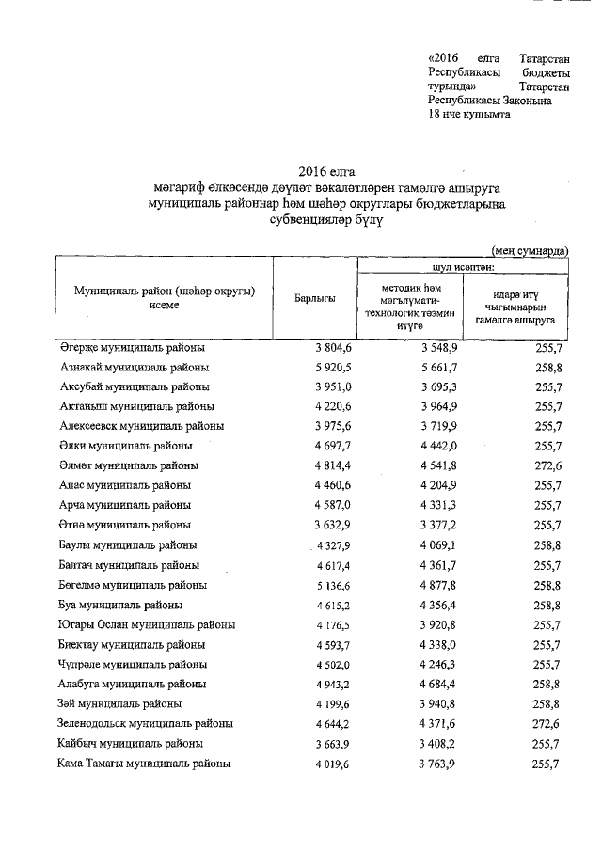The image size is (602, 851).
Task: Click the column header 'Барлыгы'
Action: [314, 298]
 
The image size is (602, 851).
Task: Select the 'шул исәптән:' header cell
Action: [461, 266]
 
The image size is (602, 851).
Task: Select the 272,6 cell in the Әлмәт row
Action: [547, 465]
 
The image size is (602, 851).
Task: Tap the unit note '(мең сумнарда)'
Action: [530, 250]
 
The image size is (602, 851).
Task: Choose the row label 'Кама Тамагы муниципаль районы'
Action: [145, 764]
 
